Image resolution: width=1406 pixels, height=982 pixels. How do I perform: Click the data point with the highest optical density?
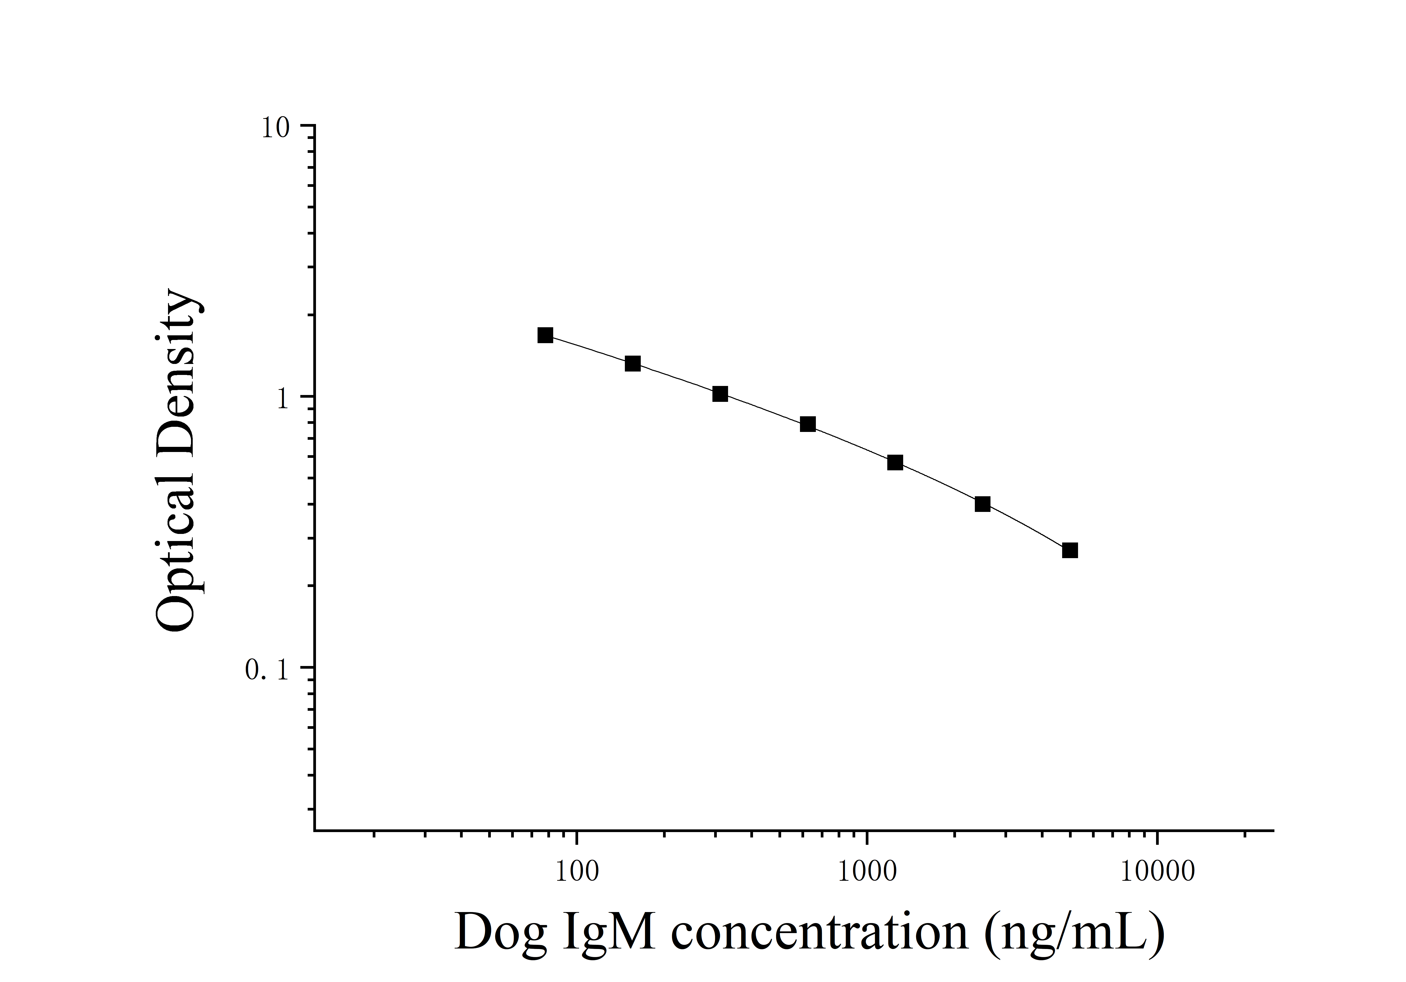click(545, 335)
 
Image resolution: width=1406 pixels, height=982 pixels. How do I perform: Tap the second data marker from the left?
click(633, 364)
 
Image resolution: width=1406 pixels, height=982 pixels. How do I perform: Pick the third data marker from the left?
click(720, 394)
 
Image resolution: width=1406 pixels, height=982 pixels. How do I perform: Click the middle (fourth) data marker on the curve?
click(808, 424)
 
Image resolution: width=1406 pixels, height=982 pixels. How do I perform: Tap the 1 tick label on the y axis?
click(282, 399)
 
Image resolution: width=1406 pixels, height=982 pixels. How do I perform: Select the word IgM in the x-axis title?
click(606, 932)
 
